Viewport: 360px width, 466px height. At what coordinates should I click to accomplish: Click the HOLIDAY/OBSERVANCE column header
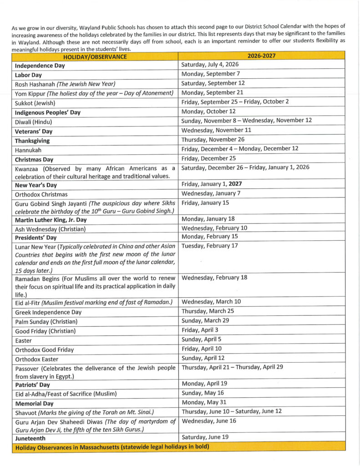point(95,57)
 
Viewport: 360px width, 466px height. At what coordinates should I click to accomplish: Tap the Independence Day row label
point(40,66)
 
